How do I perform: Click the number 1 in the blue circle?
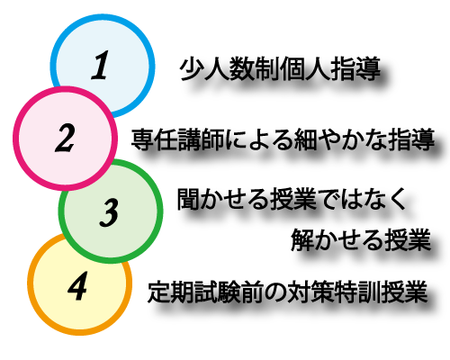(x=100, y=65)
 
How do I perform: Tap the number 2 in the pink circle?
(x=65, y=138)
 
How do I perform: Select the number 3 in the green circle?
(x=110, y=211)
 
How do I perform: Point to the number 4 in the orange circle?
(x=77, y=285)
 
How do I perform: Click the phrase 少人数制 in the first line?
(x=229, y=68)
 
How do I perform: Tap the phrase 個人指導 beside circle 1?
(x=330, y=68)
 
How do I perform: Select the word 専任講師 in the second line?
(x=178, y=139)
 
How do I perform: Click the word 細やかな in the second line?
(x=340, y=139)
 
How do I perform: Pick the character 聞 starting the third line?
(x=188, y=199)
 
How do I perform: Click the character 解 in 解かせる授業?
(x=302, y=239)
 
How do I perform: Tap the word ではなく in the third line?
(x=363, y=199)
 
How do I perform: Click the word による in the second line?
(x=259, y=139)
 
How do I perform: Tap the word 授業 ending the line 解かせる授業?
(x=409, y=239)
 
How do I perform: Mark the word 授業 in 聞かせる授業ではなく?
(x=294, y=199)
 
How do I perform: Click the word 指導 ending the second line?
(x=411, y=139)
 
